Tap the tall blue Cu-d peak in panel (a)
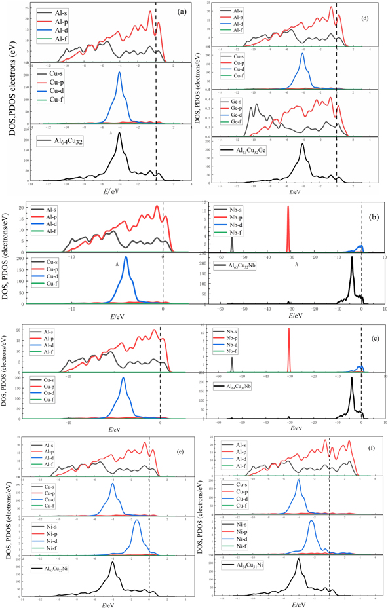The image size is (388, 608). coord(119,74)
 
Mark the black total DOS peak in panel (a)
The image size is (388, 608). coord(119,135)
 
